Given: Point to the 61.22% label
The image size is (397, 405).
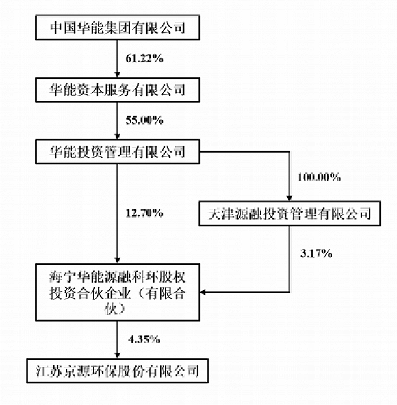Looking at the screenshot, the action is [144, 59].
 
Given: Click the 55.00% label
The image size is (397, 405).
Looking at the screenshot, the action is [144, 120].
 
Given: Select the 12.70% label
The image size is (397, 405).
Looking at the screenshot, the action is [144, 213].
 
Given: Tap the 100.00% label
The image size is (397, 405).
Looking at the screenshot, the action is [319, 177].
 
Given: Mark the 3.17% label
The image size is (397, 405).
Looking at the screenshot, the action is [316, 253].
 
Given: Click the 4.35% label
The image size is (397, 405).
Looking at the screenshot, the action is [144, 339].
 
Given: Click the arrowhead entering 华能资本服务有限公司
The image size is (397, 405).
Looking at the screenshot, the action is [117, 75].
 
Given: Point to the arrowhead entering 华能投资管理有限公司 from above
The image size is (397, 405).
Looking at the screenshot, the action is [117, 137].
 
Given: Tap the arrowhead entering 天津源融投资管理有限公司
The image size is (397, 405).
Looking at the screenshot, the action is [290, 198].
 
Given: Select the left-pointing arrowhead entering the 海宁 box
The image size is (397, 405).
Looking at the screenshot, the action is [203, 292].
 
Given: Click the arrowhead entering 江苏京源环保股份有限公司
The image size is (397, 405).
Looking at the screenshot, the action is [117, 356].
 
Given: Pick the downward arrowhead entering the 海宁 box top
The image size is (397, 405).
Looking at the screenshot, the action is [117, 261].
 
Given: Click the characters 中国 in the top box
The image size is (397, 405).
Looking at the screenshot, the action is [63, 28].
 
